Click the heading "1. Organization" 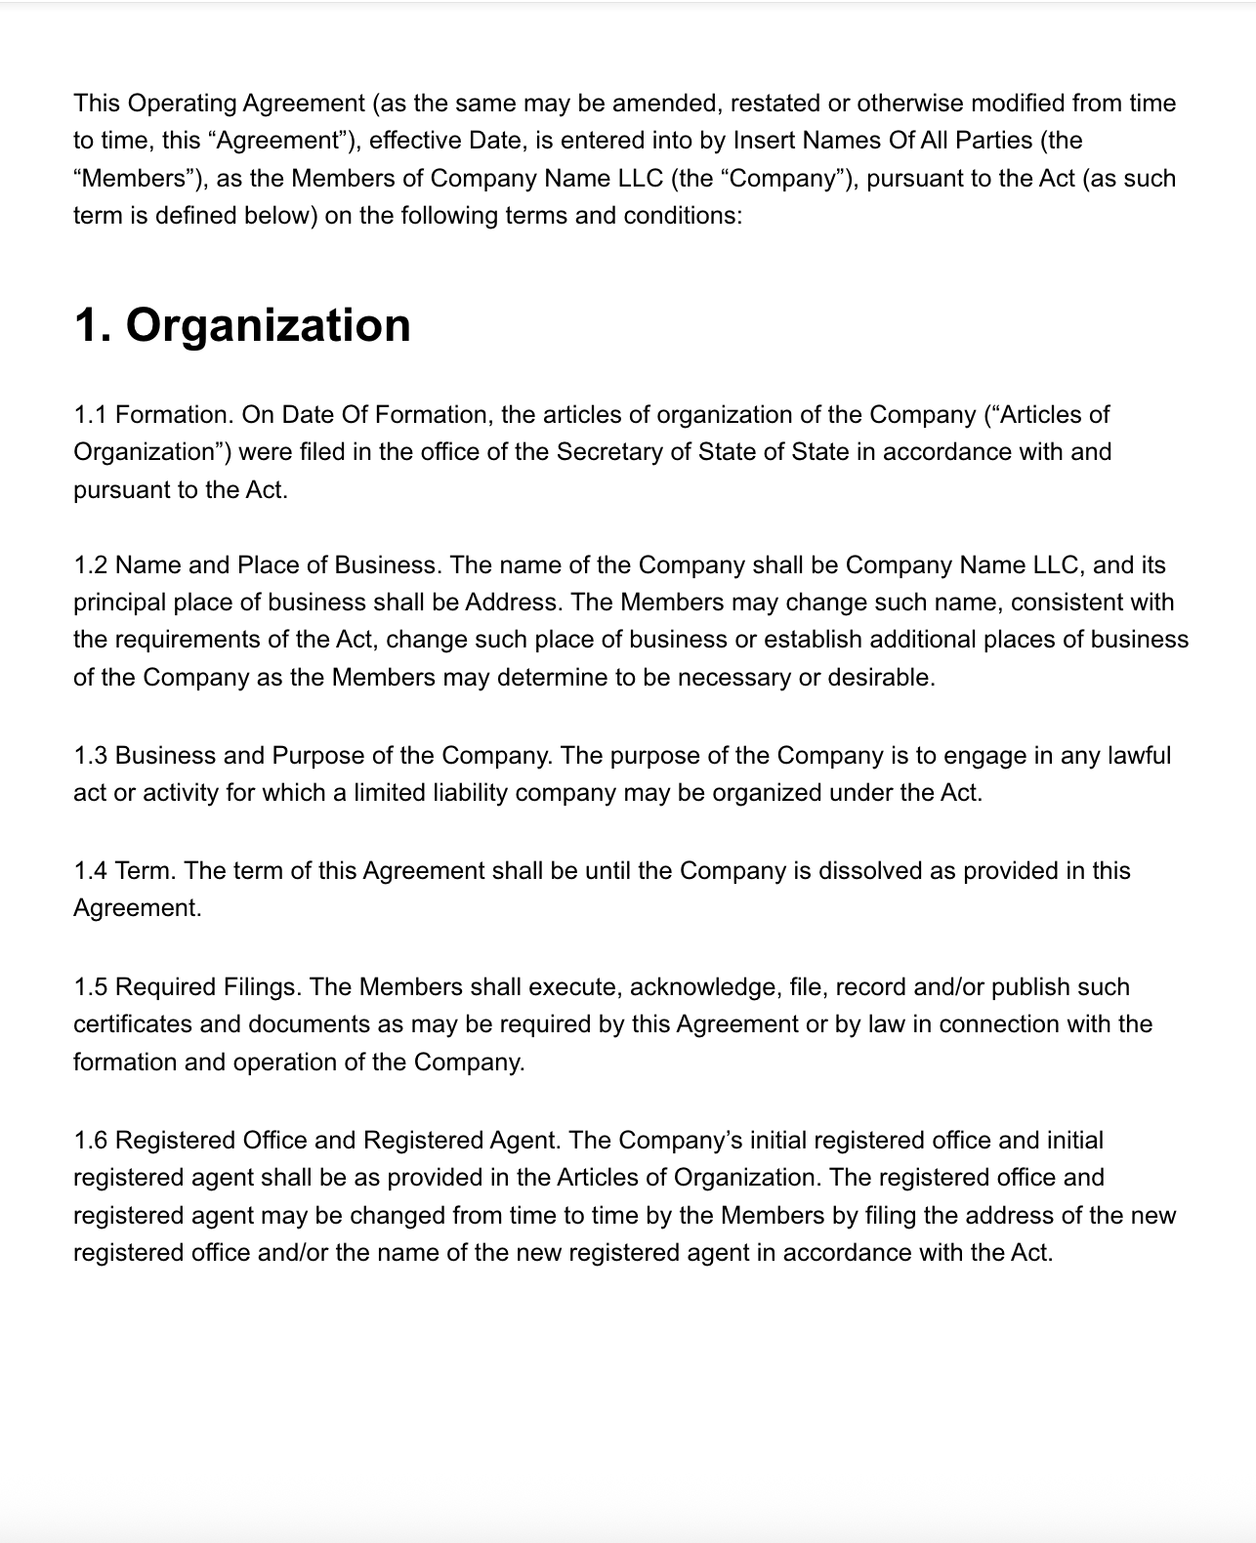coord(242,325)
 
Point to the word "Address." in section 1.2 coord(514,603)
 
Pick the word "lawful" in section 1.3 coord(1139,756)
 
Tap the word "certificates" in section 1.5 coord(133,1024)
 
